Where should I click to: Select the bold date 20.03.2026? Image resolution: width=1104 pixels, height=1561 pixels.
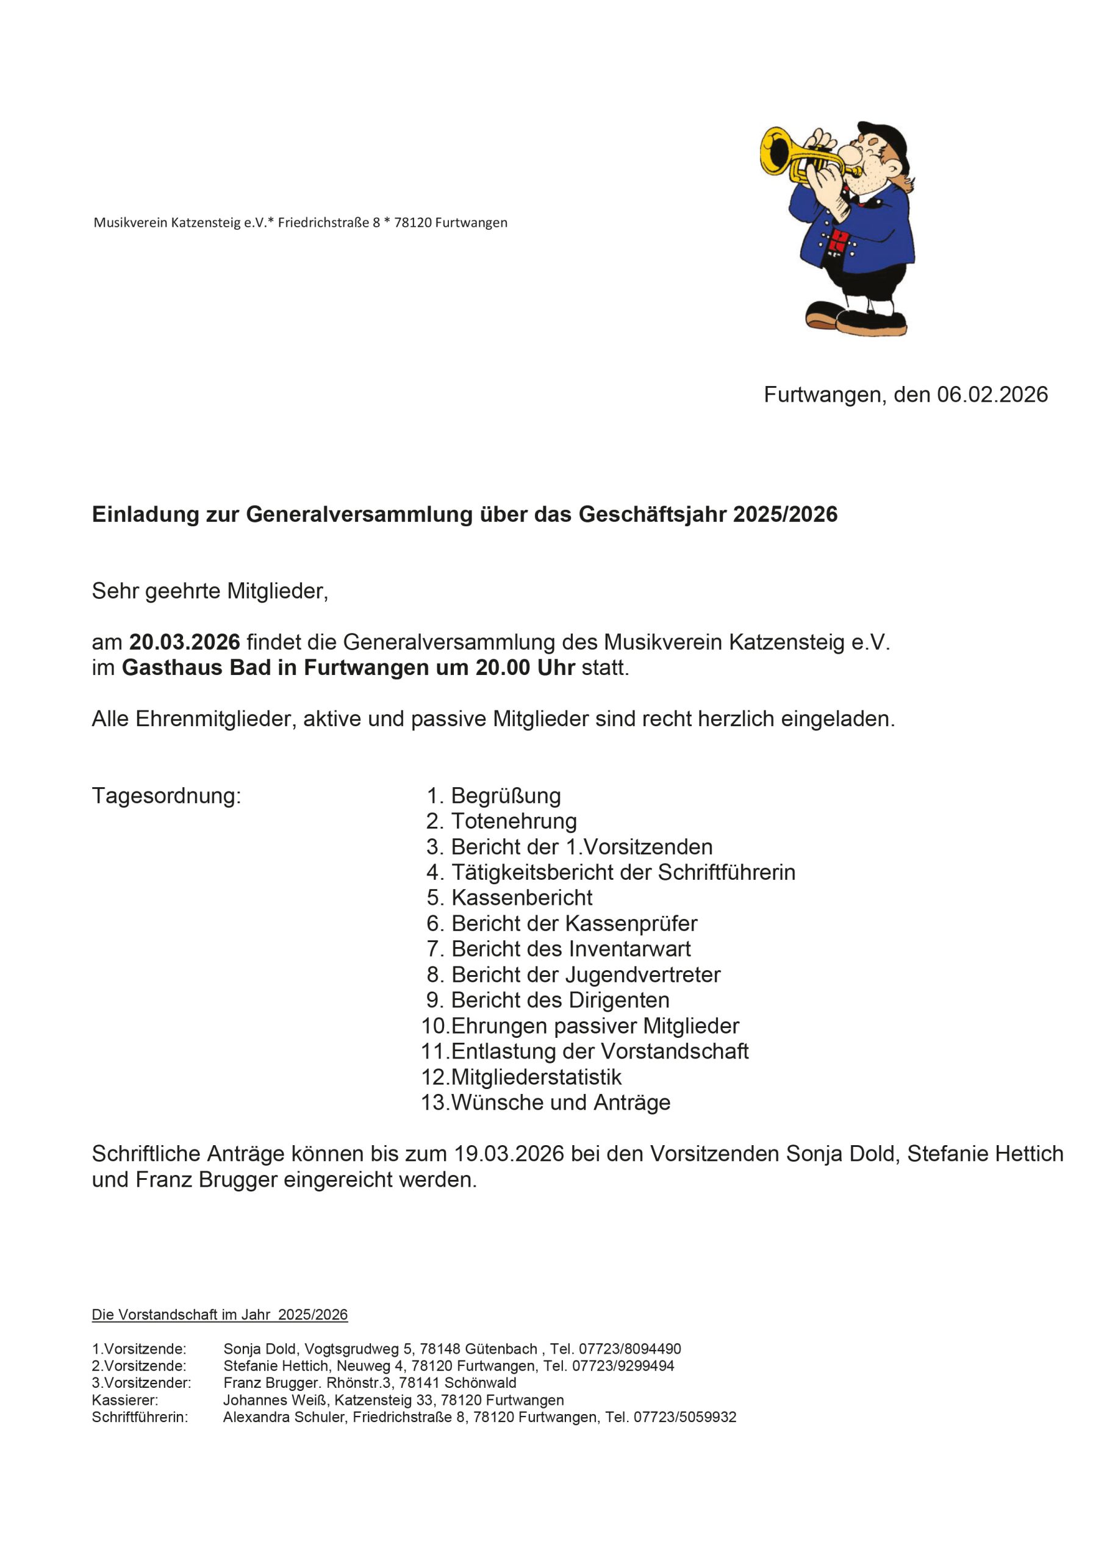(x=184, y=642)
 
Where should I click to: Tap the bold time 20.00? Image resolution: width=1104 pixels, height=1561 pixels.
(x=503, y=668)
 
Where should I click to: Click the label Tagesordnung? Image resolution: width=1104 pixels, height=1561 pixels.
(x=166, y=796)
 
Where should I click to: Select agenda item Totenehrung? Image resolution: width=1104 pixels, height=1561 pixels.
(x=514, y=821)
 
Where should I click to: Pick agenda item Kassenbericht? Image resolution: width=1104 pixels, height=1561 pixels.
(x=522, y=898)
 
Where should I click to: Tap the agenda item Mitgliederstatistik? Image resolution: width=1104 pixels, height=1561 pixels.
(x=536, y=1077)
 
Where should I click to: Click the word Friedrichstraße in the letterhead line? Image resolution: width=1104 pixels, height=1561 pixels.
(x=324, y=223)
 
